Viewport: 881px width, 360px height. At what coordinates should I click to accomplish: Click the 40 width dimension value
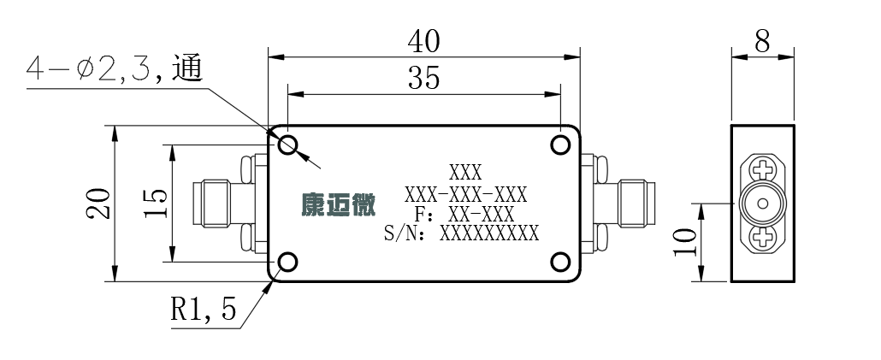click(423, 41)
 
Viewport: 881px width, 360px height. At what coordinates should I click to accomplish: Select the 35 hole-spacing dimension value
click(423, 78)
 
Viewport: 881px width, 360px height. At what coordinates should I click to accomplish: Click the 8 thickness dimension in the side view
click(762, 41)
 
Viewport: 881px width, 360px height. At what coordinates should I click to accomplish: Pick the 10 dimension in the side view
click(685, 241)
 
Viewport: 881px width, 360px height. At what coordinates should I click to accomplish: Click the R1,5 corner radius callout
click(204, 309)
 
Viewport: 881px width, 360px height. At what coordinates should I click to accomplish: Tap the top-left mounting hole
click(287, 145)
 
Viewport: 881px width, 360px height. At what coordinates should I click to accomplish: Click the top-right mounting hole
click(560, 145)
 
